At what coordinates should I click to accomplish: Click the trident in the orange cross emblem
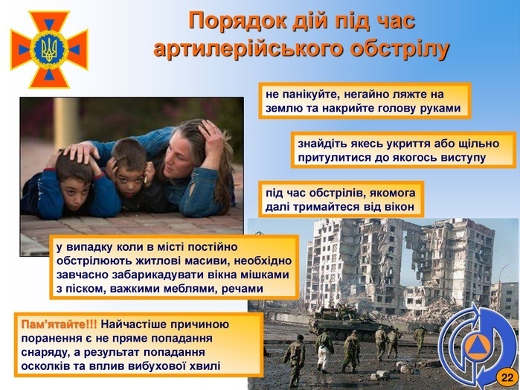pyautogui.click(x=49, y=49)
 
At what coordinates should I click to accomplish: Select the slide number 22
pyautogui.click(x=507, y=377)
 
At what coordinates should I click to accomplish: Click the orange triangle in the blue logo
pyautogui.click(x=477, y=347)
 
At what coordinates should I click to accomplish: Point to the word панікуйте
pyautogui.click(x=309, y=95)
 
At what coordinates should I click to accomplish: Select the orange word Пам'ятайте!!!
pyautogui.click(x=59, y=325)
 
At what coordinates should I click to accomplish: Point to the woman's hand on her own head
pyautogui.click(x=212, y=135)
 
